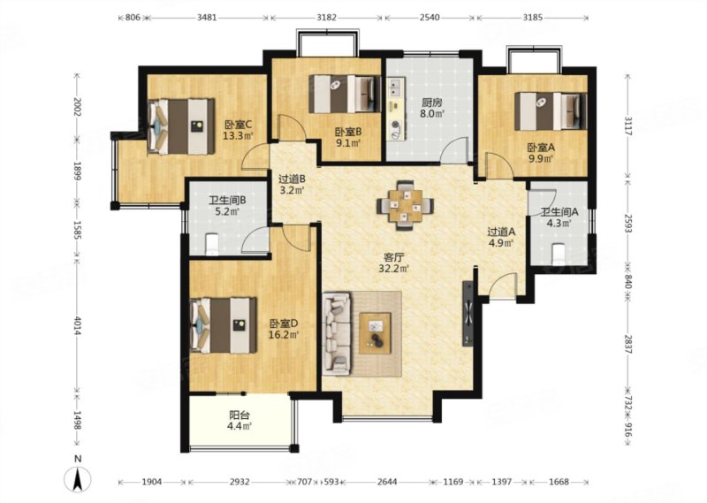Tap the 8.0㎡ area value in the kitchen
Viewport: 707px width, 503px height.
pyautogui.click(x=432, y=113)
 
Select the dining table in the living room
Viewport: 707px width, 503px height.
pyautogui.click(x=406, y=205)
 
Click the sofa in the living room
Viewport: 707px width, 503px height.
pyautogui.click(x=337, y=333)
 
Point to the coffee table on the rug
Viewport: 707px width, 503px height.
pyautogui.click(x=375, y=332)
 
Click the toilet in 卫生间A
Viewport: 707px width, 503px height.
pyautogui.click(x=559, y=254)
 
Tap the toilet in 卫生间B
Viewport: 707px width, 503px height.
pyautogui.click(x=212, y=244)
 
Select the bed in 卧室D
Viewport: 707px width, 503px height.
pyautogui.click(x=224, y=324)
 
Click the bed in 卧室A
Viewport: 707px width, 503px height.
pyautogui.click(x=551, y=111)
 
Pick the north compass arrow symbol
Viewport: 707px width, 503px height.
pyautogui.click(x=78, y=479)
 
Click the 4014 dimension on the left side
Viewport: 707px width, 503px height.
pyautogui.click(x=77, y=325)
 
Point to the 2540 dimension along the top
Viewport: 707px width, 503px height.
pyautogui.click(x=430, y=18)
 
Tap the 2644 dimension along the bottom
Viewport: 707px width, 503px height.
pyautogui.click(x=387, y=482)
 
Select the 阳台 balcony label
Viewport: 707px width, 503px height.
pyautogui.click(x=239, y=415)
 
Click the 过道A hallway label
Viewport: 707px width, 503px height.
pyautogui.click(x=501, y=232)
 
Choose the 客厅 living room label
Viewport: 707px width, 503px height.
pyautogui.click(x=393, y=257)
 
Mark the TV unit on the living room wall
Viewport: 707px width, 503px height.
pyautogui.click(x=468, y=314)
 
